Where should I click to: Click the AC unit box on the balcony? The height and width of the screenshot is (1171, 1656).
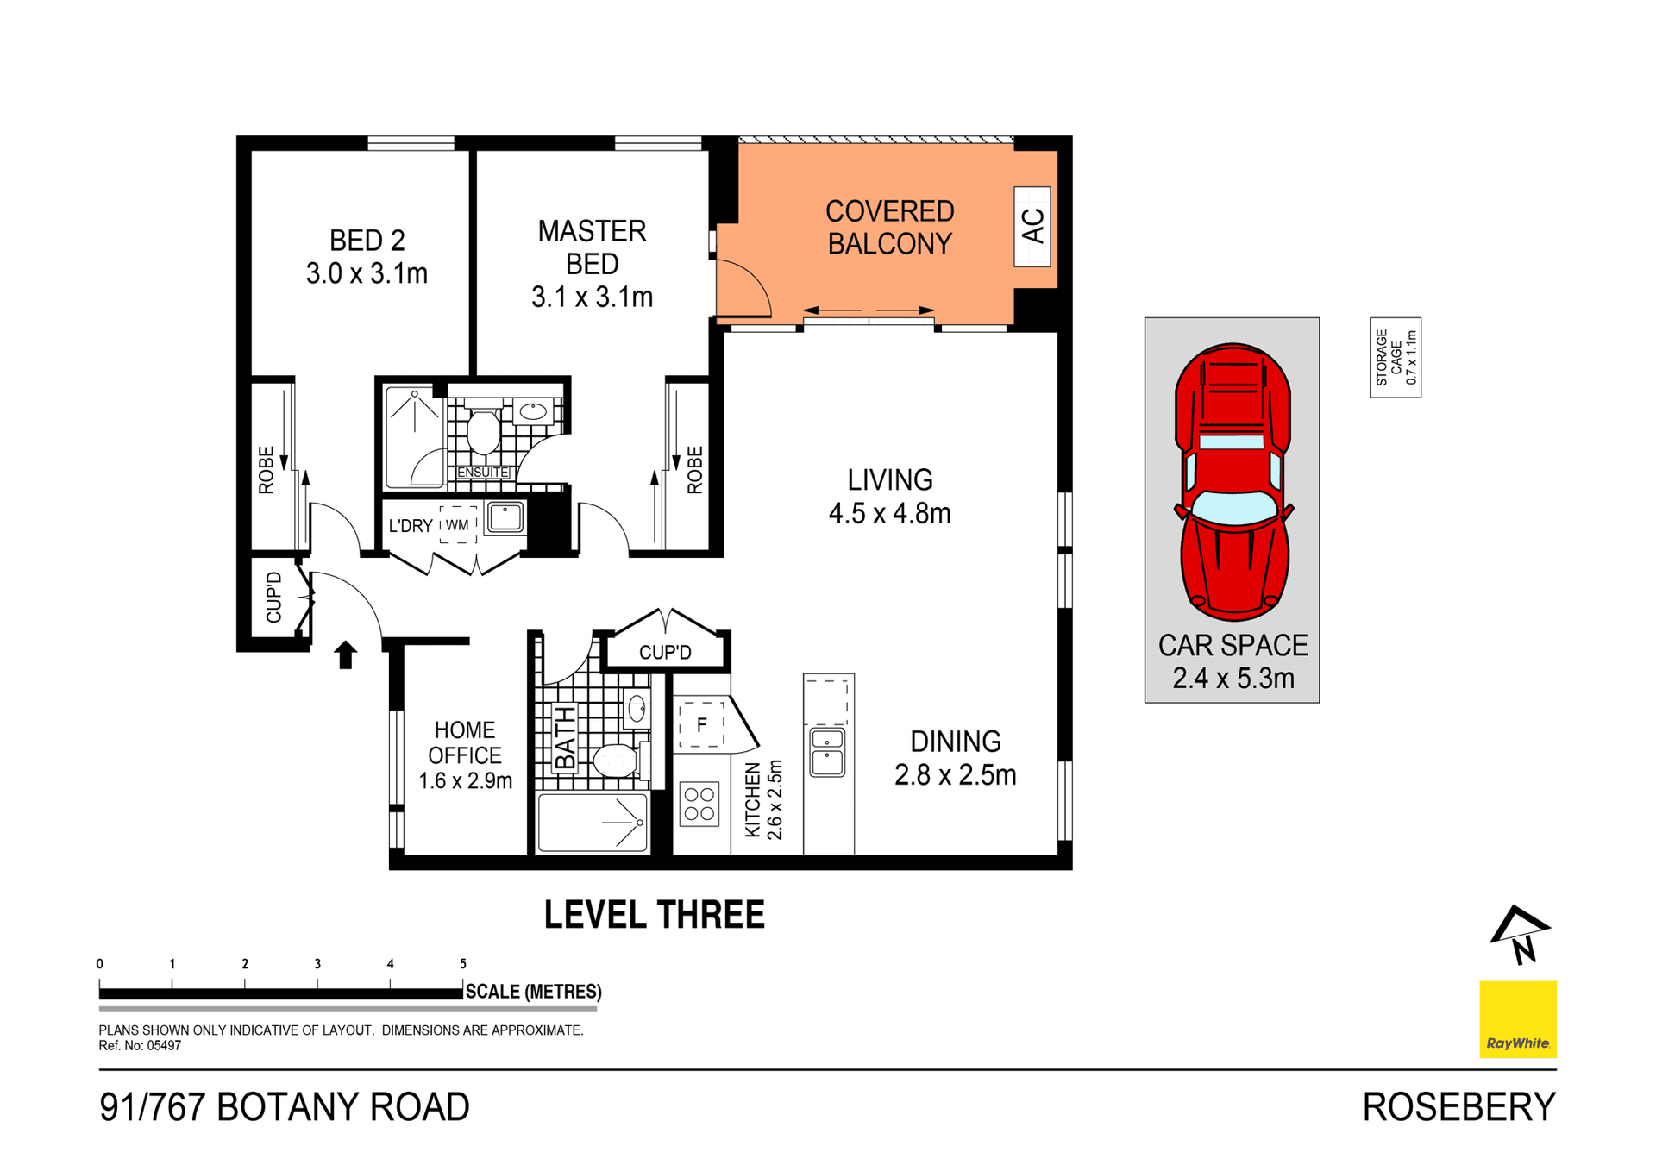pos(1032,227)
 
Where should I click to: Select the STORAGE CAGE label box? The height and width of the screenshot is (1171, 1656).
pos(1395,357)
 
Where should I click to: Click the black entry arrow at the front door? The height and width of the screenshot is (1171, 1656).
pos(346,654)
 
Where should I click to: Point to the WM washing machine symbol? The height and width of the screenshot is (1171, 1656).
pos(457,524)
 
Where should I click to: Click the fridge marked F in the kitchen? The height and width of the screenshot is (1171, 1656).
pos(701,724)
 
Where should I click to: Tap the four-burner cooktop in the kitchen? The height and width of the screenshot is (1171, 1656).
pos(699,804)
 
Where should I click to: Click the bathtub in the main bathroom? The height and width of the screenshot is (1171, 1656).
pos(592,823)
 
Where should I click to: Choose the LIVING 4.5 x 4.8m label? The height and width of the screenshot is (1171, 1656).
pos(889,497)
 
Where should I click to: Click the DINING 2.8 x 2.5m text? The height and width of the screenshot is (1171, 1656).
pos(955,758)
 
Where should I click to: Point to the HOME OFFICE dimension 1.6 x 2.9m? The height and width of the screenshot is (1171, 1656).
pos(465,781)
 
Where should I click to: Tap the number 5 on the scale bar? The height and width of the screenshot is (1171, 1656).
pos(463,964)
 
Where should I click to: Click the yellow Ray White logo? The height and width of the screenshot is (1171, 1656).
pos(1517,1018)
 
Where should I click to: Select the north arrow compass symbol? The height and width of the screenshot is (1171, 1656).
pos(1520,935)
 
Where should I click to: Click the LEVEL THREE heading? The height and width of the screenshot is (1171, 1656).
pos(654,915)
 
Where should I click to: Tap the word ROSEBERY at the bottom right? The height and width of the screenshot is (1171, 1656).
pos(1458,1107)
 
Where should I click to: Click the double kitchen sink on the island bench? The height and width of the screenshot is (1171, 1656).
pos(827,752)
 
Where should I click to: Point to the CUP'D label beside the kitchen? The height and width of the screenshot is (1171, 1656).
pos(665,652)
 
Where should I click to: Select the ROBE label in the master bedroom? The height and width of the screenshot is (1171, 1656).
pos(695,470)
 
